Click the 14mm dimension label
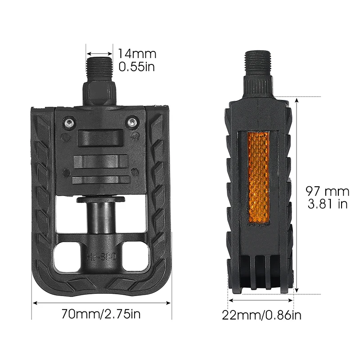click(137, 54)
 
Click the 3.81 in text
click(327, 204)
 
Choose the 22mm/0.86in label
click(261, 315)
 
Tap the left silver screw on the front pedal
click(68, 123)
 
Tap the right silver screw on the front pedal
click(131, 123)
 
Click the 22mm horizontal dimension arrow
click(261, 299)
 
